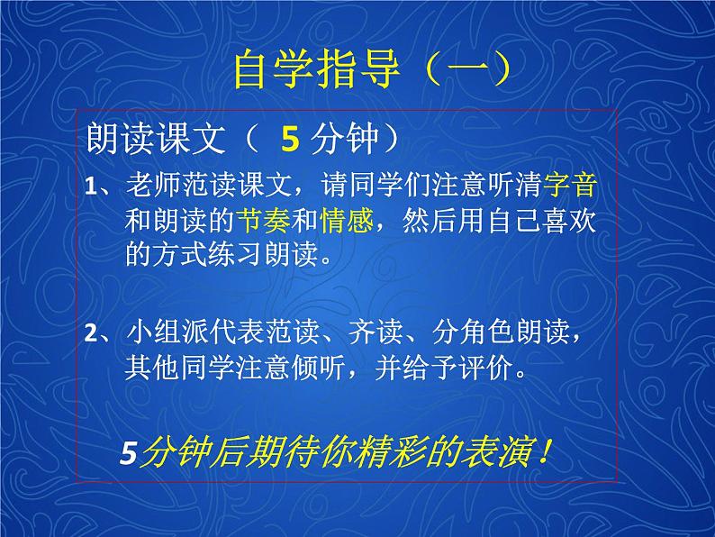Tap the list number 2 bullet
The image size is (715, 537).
pyautogui.click(x=91, y=334)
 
